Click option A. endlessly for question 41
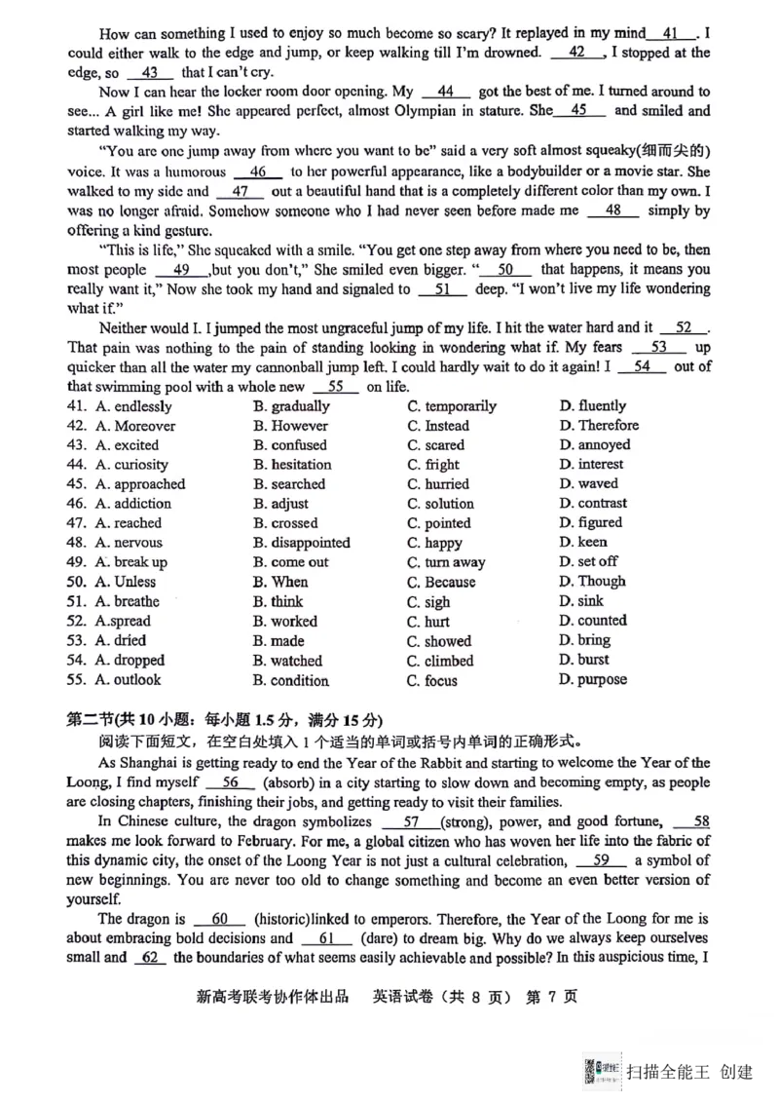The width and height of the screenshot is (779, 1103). pos(132,406)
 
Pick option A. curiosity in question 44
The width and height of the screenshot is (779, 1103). pos(130,465)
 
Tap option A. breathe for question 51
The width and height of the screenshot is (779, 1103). pos(127,601)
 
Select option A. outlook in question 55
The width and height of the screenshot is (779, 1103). pos(128,680)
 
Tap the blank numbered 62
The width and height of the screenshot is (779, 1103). pos(149,958)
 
